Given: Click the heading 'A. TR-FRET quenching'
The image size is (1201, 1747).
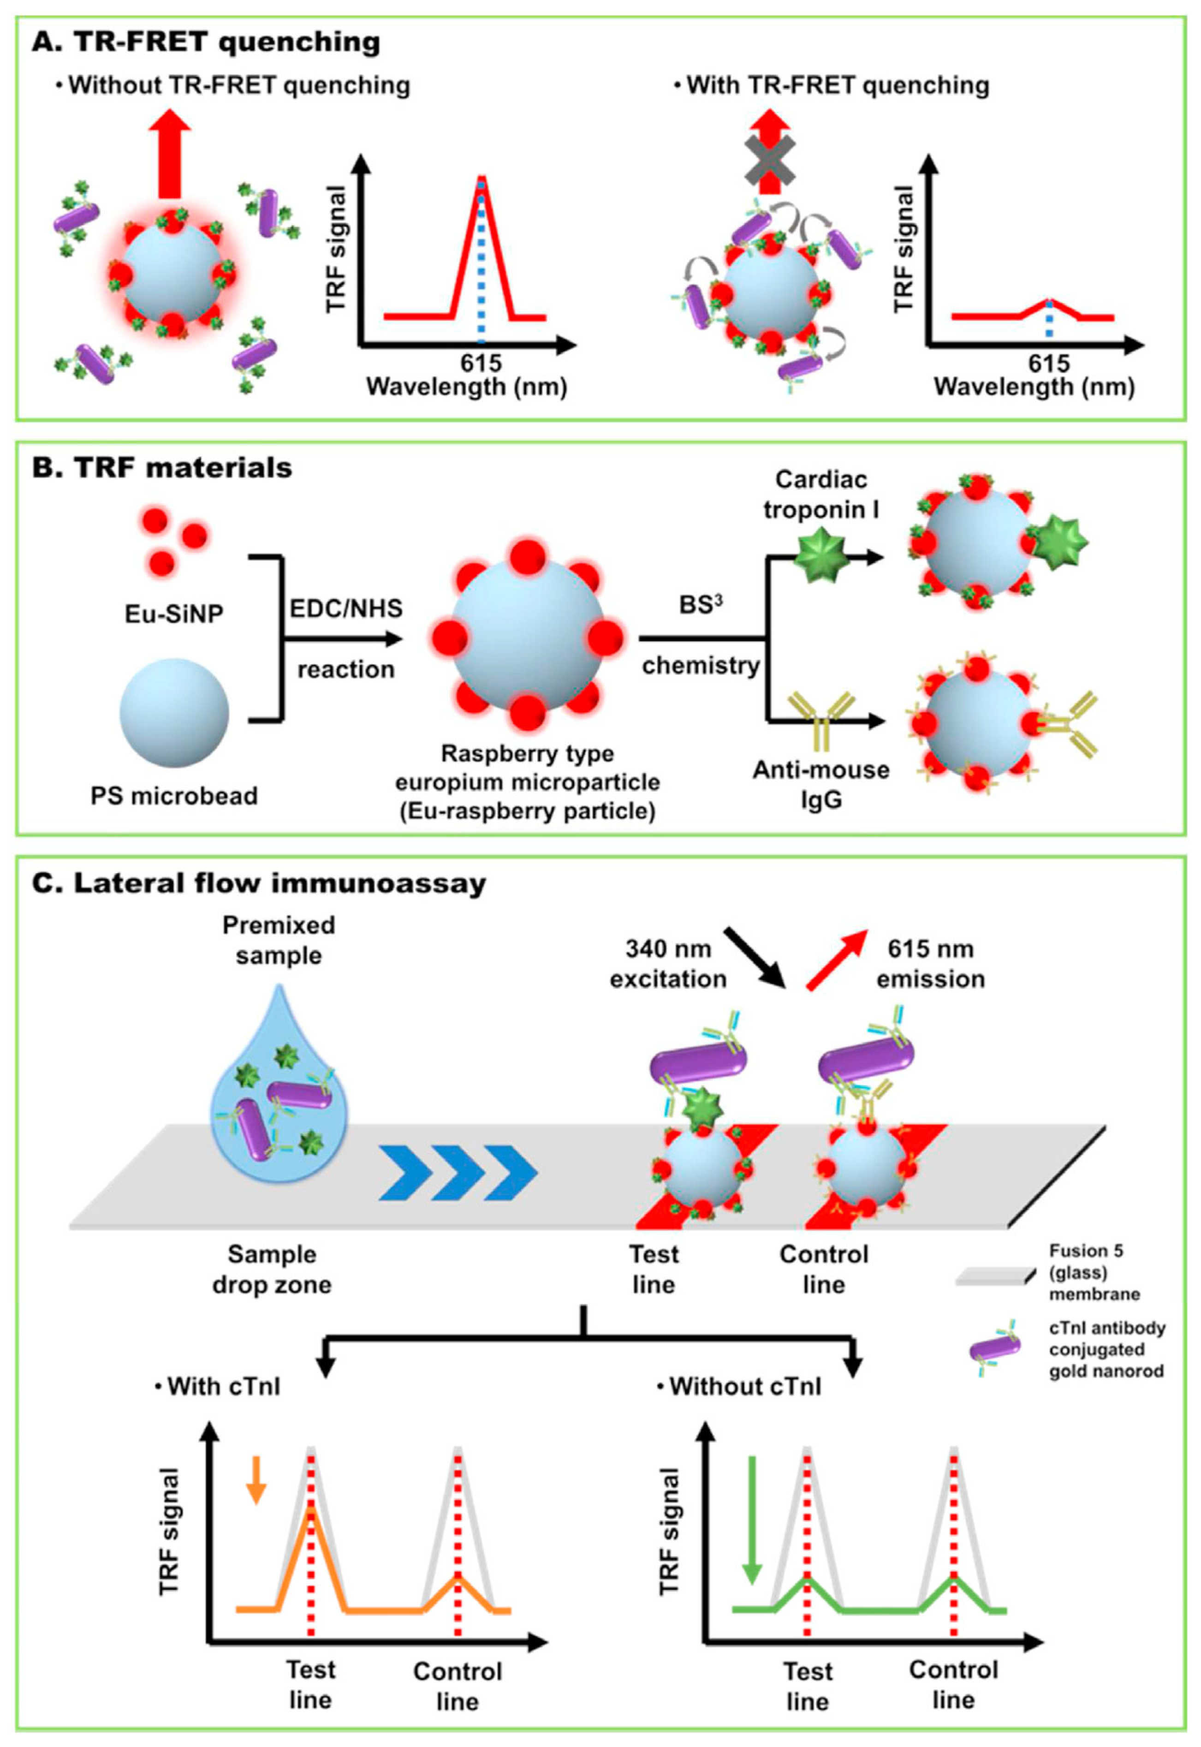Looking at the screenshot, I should (x=205, y=42).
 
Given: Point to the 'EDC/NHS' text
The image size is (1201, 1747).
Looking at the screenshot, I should (x=346, y=608).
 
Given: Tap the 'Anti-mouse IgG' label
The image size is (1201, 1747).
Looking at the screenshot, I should (x=821, y=784).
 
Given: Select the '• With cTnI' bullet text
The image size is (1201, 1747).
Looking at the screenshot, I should (x=218, y=1386).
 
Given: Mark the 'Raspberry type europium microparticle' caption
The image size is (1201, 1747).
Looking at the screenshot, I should (x=528, y=783).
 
